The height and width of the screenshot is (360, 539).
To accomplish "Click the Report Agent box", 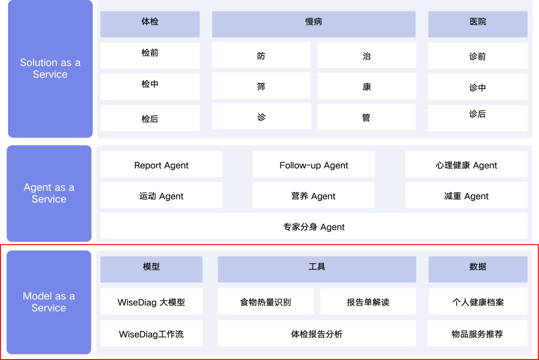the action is point(161,164).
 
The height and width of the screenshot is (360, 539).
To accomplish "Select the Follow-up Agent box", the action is point(313,164).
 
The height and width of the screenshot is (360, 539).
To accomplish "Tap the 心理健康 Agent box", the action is point(466,164).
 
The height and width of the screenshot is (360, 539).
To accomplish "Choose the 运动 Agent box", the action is point(161,195).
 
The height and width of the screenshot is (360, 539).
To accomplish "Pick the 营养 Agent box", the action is point(313,195).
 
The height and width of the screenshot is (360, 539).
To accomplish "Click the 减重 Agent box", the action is point(466,195).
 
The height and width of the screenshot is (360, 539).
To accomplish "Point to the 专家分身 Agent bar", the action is point(314,226).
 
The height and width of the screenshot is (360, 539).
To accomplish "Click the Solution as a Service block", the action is point(50,69).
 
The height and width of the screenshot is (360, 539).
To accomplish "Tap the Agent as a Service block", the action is point(49,194).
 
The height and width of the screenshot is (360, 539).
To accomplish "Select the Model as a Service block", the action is point(49,302).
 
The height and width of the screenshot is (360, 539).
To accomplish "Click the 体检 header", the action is point(150,24).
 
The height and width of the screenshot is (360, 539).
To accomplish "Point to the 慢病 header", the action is point(314,24).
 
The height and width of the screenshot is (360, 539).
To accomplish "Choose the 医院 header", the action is point(478,24).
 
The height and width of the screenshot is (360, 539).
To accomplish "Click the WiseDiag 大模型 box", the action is point(151,301).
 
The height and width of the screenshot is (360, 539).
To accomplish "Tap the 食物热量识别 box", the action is point(266,301).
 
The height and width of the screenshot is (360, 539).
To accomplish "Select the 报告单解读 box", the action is point(368,301).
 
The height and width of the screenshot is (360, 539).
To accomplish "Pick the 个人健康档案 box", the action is point(478,301).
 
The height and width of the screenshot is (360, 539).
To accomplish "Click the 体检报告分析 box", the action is point(317,333).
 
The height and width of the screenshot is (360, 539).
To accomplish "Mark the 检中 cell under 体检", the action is point(150,87).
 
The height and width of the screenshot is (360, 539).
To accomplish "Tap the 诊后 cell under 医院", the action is point(478,118).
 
